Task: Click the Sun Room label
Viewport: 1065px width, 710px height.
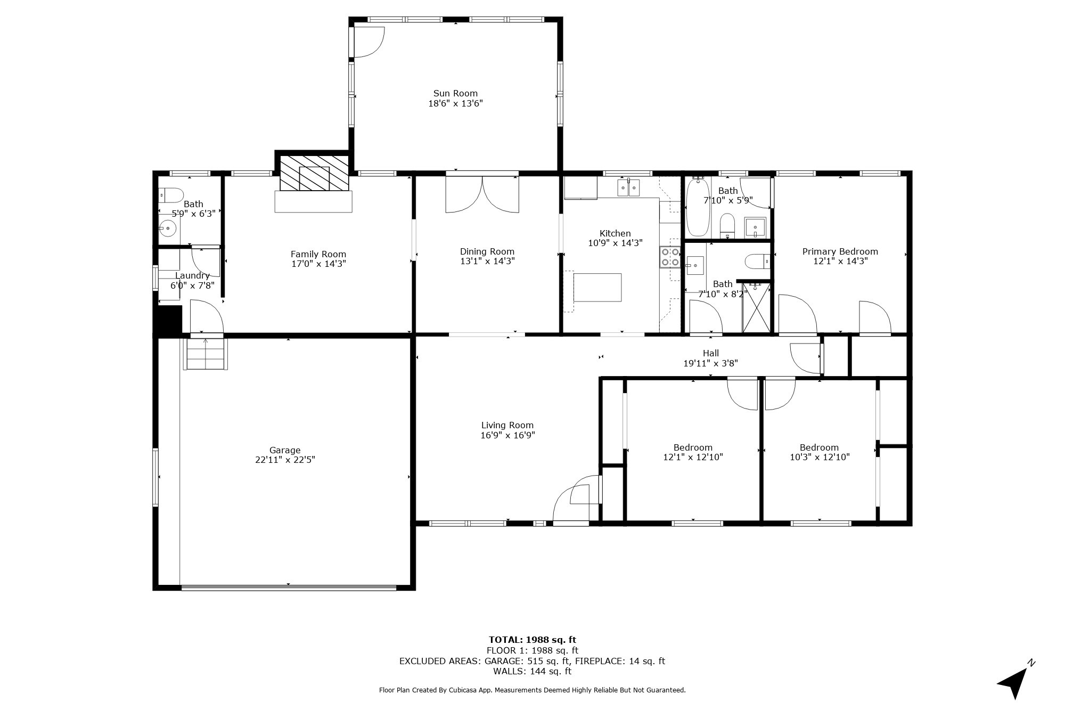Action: pos(455,93)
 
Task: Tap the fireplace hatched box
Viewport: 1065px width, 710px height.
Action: pos(314,173)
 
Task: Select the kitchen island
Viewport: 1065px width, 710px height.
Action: pos(597,287)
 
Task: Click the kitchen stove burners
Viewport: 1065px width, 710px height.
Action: pos(670,257)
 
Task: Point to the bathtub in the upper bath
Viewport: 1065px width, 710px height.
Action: pos(698,207)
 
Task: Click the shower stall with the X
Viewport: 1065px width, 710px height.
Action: pos(756,308)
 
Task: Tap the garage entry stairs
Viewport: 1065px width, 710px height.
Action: pos(206,354)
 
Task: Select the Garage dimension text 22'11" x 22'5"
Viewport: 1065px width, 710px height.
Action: pos(285,460)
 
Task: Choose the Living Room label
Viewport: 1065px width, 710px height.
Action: pos(507,425)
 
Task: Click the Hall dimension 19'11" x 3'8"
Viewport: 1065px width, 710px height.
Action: pos(710,363)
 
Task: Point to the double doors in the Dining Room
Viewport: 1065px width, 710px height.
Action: pos(482,194)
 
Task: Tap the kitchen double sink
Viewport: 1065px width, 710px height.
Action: pos(629,187)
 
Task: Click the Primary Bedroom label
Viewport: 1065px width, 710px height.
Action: pos(840,251)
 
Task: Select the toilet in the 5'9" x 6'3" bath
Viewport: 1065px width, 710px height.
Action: pos(171,195)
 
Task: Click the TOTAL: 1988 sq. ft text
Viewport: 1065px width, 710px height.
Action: pos(532,640)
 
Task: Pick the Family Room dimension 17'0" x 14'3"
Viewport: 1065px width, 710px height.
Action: pos(318,264)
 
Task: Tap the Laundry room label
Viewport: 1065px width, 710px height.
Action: pos(192,275)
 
